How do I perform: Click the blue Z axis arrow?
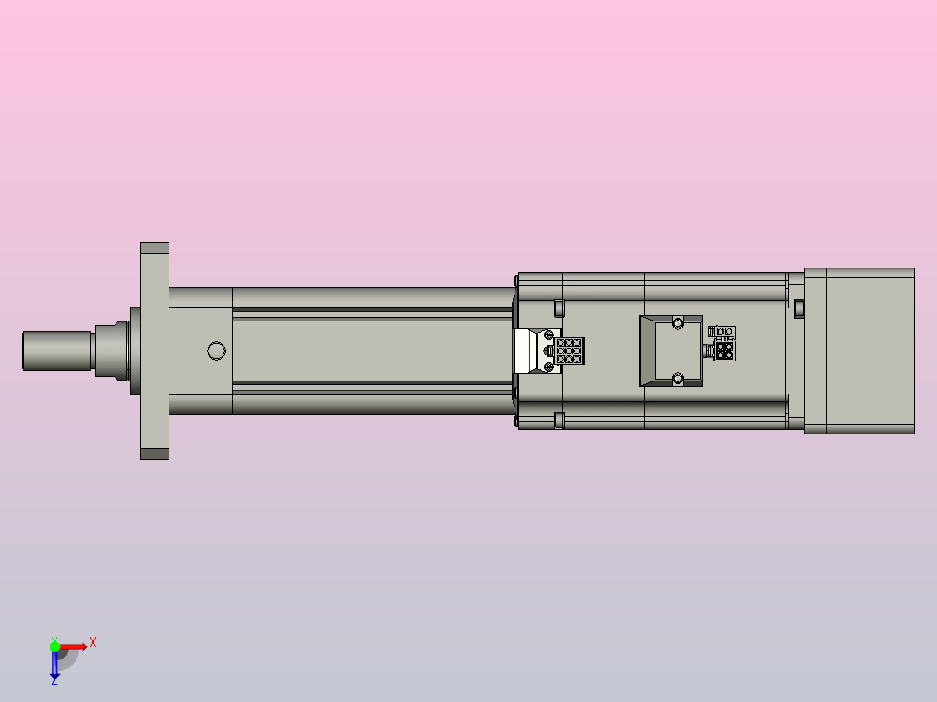point(55,665)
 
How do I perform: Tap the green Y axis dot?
point(55,646)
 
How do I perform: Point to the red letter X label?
point(93,642)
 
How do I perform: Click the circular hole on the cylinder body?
point(216,351)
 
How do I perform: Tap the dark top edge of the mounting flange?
point(155,248)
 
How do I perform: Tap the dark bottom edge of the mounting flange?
point(155,454)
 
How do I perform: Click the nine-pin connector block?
point(570,351)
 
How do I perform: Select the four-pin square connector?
point(722,350)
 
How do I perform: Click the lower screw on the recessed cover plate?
point(677,378)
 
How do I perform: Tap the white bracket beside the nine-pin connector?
point(527,351)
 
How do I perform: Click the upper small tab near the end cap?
point(799,306)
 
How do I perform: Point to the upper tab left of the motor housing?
point(559,307)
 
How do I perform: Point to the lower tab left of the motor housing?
point(559,421)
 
